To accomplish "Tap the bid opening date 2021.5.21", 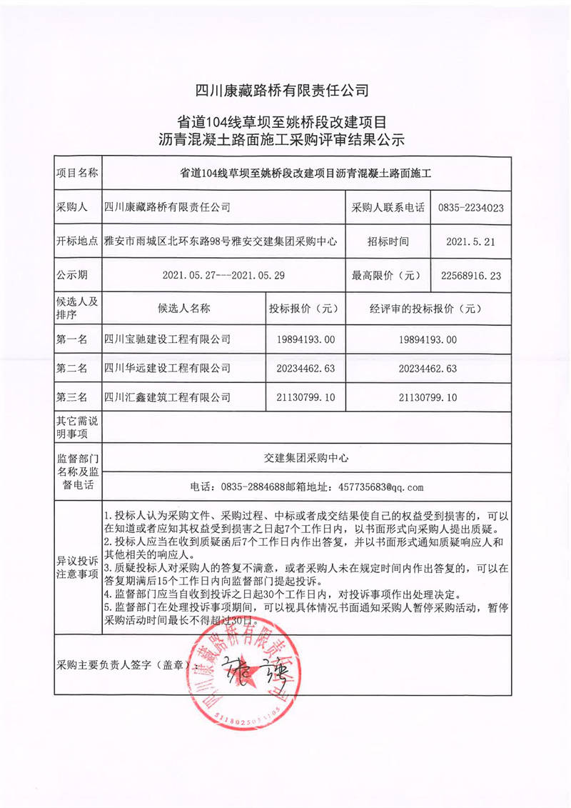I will pos(470,241).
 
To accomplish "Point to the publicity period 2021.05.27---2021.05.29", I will pos(223,274).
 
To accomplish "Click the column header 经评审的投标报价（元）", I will pos(425,309).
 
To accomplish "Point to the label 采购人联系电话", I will pos(386,208).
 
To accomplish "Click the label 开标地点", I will pos(77,241).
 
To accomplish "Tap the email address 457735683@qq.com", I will pos(371,488).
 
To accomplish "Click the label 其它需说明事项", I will pos(77,427).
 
